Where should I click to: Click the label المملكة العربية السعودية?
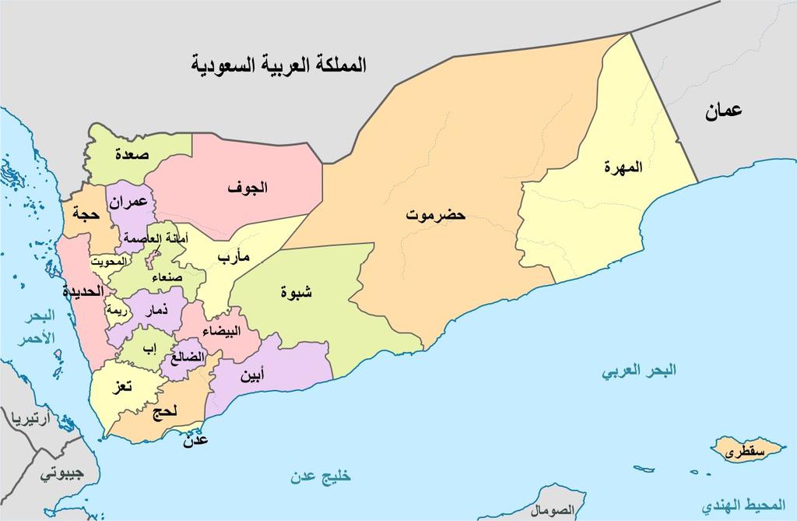279,65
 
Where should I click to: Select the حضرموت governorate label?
435,215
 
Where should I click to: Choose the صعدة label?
132,154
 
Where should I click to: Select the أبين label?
251,377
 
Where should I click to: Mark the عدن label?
195,441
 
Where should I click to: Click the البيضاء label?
221,331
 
